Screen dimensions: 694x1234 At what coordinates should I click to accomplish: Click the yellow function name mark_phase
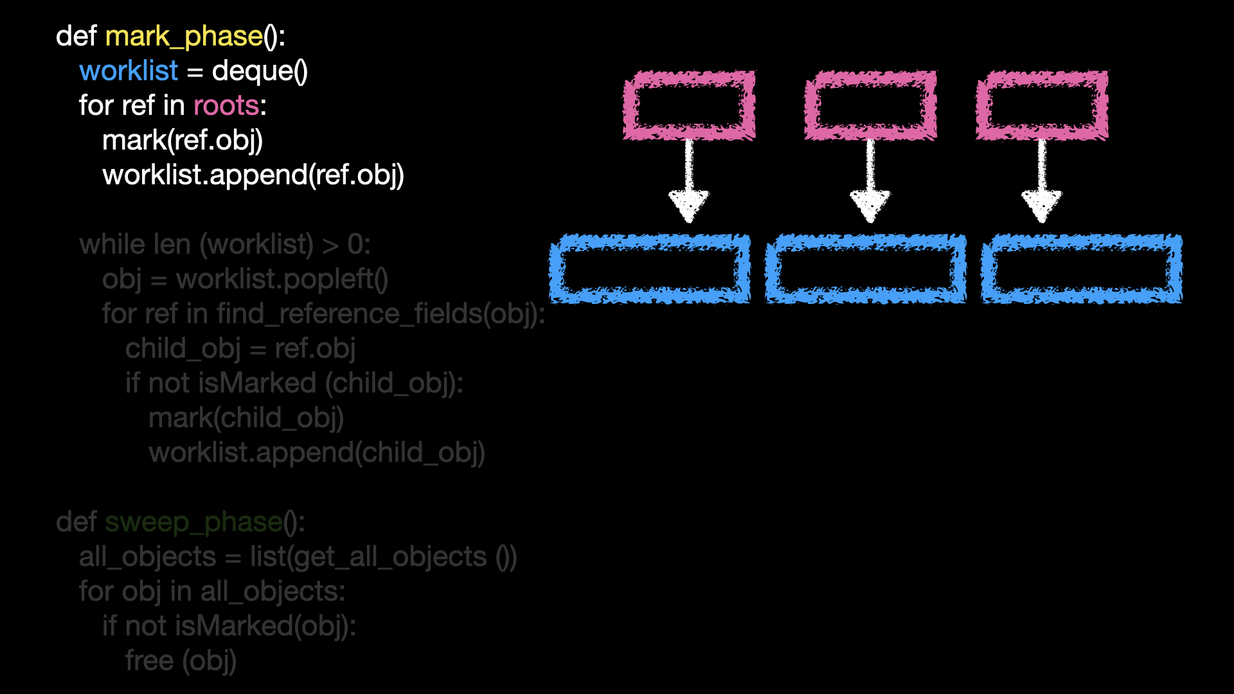point(184,37)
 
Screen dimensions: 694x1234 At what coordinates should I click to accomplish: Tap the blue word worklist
point(129,71)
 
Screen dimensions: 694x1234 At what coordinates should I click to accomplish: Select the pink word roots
point(226,105)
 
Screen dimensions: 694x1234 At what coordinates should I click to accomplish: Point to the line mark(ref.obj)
point(183,140)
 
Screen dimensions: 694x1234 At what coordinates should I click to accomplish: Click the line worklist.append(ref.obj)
point(253,175)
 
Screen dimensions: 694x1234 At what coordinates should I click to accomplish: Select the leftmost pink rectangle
point(689,105)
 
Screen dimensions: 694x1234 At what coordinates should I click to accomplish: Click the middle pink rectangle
point(870,105)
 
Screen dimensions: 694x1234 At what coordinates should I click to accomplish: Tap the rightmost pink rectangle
point(1042,105)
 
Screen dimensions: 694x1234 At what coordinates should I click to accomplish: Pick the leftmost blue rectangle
point(650,269)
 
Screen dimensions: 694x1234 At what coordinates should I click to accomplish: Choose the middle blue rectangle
point(865,269)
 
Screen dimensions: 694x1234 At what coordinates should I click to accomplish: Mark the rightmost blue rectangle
point(1081,269)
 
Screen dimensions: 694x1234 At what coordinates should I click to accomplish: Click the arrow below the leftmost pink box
point(689,183)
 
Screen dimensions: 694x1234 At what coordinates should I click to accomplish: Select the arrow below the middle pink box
point(870,183)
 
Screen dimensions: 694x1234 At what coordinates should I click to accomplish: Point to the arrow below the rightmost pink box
point(1042,183)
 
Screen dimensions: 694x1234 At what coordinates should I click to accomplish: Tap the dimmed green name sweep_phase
point(193,522)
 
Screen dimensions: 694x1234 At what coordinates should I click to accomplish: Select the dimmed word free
point(149,661)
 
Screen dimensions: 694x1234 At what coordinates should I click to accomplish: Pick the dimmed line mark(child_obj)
point(246,418)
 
